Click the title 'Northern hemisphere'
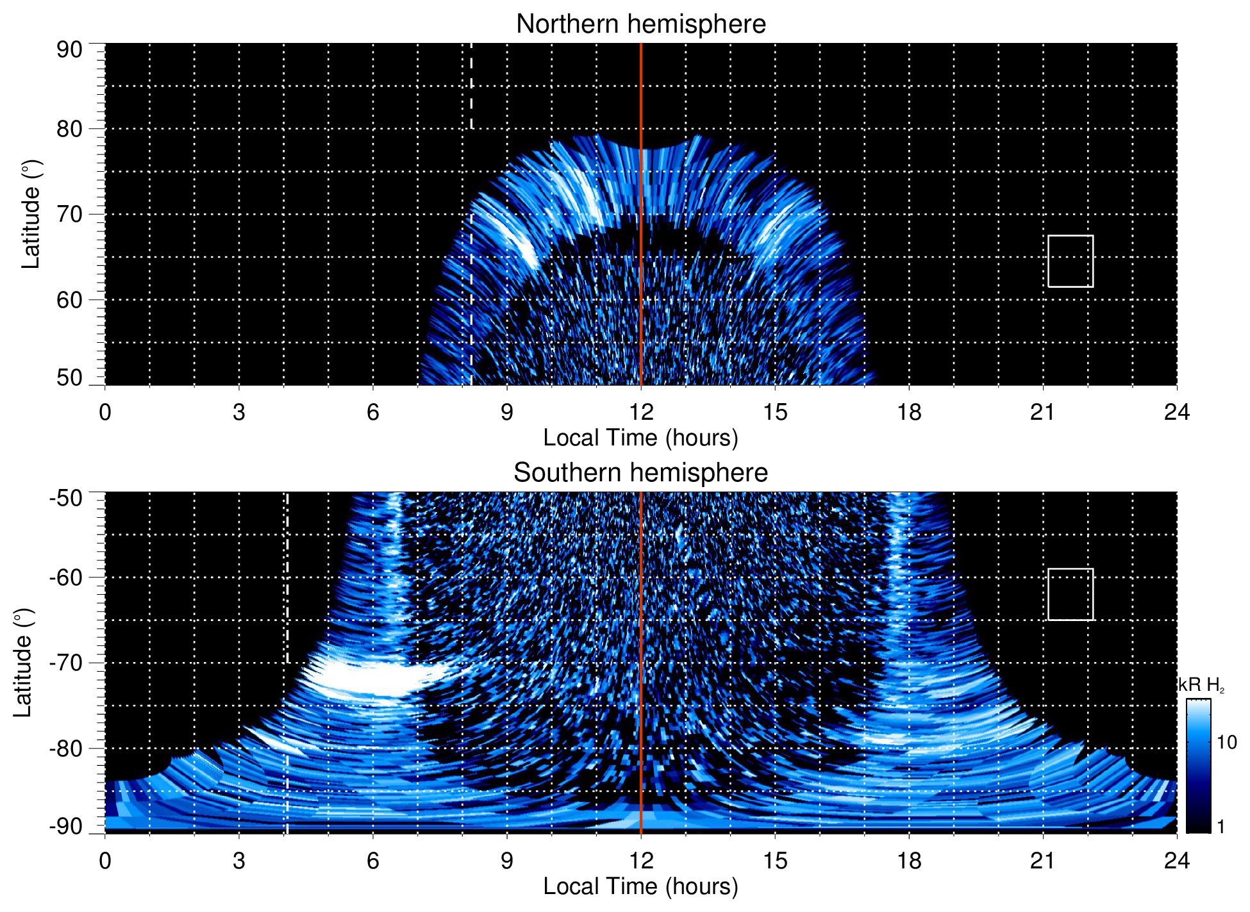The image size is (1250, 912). [640, 24]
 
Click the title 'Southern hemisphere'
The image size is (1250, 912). [640, 473]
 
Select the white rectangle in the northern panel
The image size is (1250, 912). [1070, 261]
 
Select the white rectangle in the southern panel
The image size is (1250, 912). [1070, 594]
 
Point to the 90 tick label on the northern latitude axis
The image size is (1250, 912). [69, 50]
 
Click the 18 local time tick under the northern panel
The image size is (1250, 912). [908, 412]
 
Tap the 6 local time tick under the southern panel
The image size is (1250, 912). [372, 861]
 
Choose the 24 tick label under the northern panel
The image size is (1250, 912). [1176, 412]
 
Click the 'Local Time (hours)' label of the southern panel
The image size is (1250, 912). [640, 886]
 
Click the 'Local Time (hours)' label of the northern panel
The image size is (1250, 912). [640, 438]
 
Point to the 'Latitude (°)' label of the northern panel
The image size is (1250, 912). [31, 214]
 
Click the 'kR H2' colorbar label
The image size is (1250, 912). [1201, 685]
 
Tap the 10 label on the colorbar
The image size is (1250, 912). [1226, 743]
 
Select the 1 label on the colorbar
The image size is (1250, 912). [1221, 827]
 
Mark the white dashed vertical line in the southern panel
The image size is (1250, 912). [287, 577]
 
